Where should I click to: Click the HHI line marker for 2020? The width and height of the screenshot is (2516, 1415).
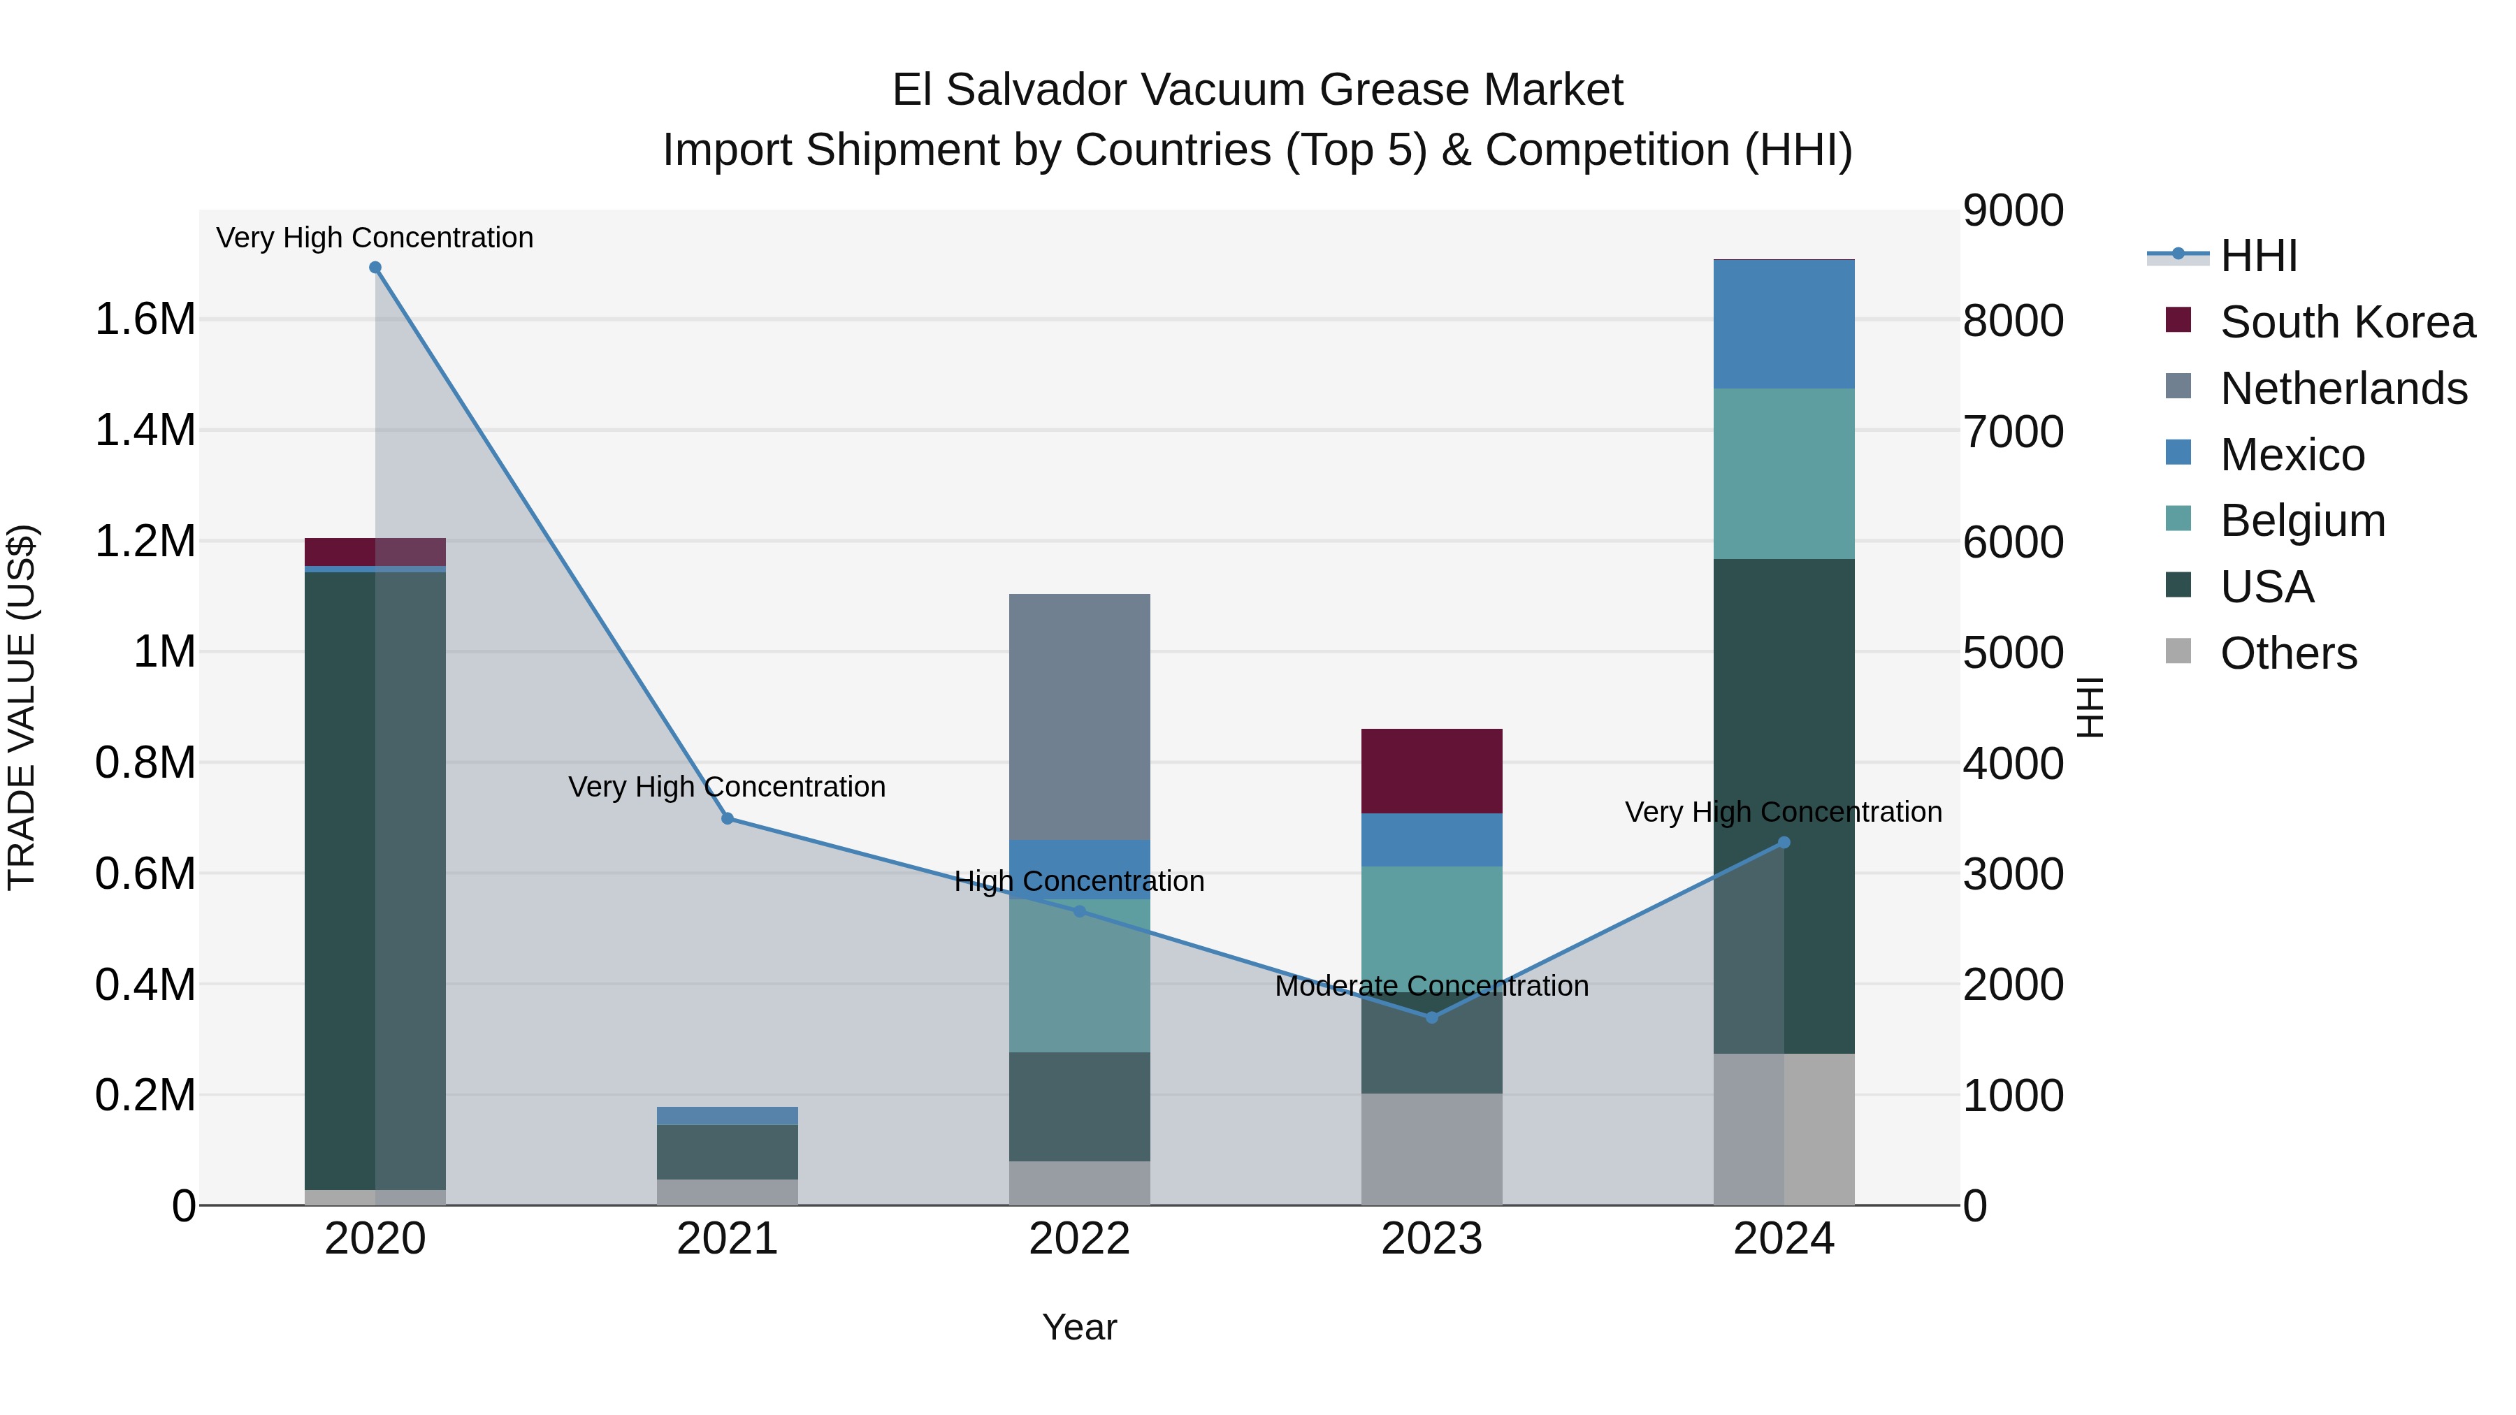pos(375,268)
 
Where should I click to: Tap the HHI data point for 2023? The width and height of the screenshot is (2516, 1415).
pos(1432,1017)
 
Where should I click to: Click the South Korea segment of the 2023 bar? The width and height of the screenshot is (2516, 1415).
pos(1432,771)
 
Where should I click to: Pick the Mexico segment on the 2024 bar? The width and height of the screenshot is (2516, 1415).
pos(1784,324)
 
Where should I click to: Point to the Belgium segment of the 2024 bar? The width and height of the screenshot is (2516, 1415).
pos(1784,474)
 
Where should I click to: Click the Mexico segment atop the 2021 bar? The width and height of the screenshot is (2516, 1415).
pos(728,1115)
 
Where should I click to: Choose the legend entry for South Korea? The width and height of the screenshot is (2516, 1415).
pos(2347,322)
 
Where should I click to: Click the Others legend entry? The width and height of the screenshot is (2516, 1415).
pos(2287,653)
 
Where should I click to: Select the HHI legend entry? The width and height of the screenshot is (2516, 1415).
pos(2257,256)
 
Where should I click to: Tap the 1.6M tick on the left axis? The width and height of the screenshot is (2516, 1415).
pos(145,319)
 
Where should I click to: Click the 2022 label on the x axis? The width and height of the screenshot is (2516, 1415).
pos(1079,1239)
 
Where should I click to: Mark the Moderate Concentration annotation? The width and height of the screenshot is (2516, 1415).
pos(1432,986)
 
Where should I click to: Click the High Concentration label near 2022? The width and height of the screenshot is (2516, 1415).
pos(1079,881)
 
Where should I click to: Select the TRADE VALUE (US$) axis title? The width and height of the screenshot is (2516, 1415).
pos(22,707)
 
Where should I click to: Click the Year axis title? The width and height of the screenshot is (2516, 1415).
pos(1079,1327)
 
